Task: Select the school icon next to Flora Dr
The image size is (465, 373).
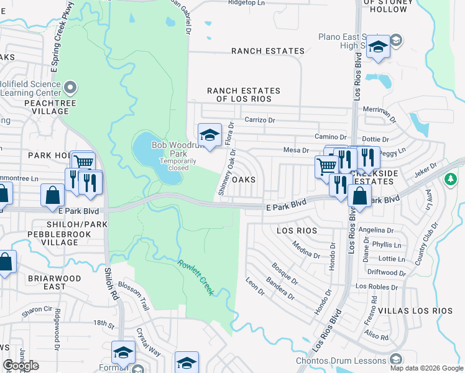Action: coord(209,134)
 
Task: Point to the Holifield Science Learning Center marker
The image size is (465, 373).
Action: coord(70,86)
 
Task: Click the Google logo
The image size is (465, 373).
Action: coord(21,366)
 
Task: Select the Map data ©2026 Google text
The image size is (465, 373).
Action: coord(426,368)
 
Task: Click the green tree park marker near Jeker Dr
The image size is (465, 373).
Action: coord(450,179)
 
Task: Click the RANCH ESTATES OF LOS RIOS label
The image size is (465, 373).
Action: coord(244,94)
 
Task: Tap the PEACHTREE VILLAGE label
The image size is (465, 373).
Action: coord(46,106)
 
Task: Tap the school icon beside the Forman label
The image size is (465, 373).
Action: coord(123,352)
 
